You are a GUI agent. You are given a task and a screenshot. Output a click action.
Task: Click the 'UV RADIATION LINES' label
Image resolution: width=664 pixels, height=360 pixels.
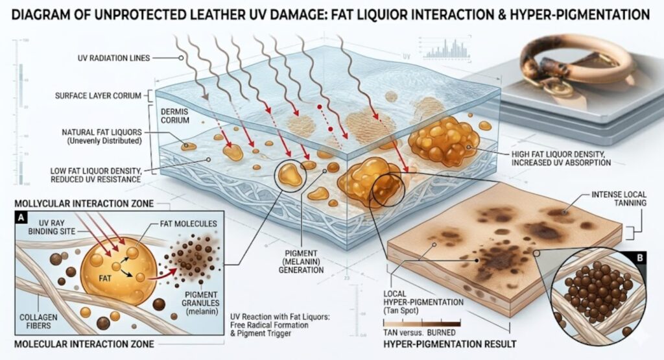(113, 58)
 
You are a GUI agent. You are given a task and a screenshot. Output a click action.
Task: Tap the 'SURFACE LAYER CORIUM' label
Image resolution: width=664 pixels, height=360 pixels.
(99, 96)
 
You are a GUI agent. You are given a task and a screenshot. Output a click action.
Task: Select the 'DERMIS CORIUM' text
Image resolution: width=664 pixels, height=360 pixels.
(175, 116)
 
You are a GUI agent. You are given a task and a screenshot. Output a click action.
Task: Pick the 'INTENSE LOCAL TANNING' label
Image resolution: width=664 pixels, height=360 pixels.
(619, 198)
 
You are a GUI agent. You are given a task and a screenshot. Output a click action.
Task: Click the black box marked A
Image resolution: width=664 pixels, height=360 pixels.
(21, 218)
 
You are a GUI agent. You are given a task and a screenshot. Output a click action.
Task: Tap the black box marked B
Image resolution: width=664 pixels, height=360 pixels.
(640, 258)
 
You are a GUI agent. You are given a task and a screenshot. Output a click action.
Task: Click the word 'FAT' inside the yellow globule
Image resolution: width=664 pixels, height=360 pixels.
(105, 279)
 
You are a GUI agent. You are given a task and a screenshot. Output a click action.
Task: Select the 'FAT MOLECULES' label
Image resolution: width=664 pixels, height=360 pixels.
(188, 224)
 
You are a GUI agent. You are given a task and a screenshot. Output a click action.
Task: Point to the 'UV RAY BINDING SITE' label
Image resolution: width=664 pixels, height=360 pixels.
(52, 227)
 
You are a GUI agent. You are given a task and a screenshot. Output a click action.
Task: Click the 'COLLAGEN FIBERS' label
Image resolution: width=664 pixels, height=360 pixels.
(38, 322)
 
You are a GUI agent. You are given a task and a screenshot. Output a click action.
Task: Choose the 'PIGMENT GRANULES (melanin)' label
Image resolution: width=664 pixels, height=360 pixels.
(200, 303)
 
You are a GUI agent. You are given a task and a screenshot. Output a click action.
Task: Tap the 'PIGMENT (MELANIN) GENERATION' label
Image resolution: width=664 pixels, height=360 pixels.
(301, 261)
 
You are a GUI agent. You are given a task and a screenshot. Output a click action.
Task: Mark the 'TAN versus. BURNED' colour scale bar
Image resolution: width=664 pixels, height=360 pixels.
(421, 323)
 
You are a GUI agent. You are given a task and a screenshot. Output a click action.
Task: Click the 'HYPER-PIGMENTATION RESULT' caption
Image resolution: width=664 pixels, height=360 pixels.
(450, 344)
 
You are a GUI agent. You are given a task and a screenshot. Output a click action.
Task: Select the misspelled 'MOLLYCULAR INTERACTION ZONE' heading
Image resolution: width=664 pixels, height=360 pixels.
(84, 204)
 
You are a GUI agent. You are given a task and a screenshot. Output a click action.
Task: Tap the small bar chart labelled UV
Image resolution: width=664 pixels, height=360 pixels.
(446, 48)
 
